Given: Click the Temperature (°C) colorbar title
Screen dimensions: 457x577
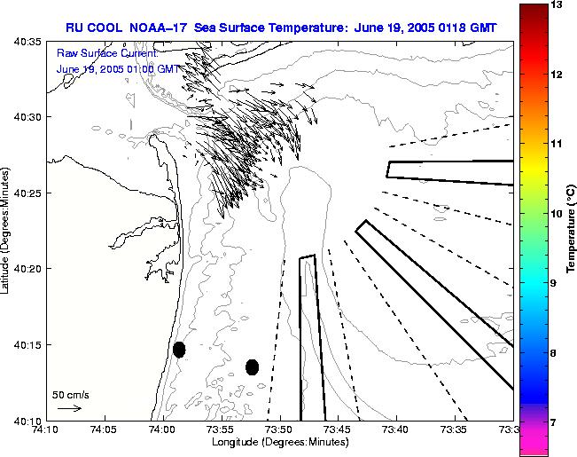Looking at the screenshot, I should [573, 228].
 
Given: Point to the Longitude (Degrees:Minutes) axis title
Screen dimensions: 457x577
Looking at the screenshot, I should [278, 443].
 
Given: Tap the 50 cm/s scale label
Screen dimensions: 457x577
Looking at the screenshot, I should [71, 395].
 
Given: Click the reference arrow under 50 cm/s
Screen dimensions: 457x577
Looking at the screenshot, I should [69, 408].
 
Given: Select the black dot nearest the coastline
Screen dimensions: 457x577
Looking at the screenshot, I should [179, 350].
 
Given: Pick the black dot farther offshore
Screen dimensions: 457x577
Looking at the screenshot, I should [252, 366].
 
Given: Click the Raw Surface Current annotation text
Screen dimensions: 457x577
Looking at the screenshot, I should [106, 55].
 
